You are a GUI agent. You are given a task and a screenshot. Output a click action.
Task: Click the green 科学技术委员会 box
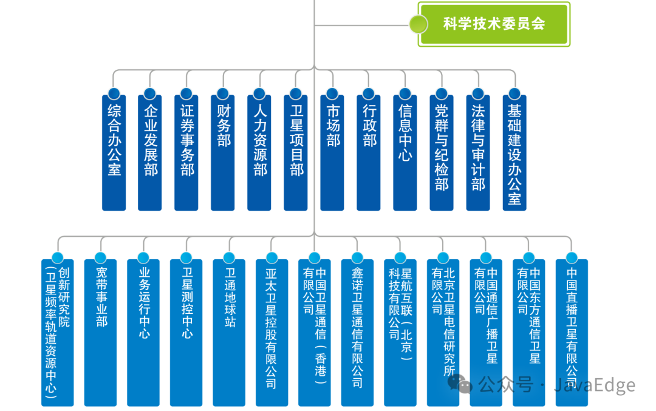pyautogui.click(x=494, y=24)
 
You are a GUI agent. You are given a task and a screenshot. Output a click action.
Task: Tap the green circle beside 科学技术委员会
pyautogui.click(x=419, y=24)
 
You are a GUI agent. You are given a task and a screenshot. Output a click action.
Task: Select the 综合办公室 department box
pyautogui.click(x=114, y=152)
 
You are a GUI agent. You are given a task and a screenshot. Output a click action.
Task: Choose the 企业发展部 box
pyautogui.click(x=150, y=152)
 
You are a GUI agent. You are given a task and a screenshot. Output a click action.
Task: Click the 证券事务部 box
pyautogui.click(x=186, y=152)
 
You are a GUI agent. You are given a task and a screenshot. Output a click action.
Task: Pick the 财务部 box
pyautogui.click(x=223, y=152)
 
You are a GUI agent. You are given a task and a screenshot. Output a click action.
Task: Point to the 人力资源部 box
pyautogui.click(x=259, y=152)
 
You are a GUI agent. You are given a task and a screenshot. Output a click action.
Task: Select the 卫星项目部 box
pyautogui.click(x=296, y=152)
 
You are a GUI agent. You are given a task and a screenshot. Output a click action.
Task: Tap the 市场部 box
pyautogui.click(x=332, y=152)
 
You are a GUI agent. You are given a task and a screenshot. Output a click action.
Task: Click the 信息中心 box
pyautogui.click(x=405, y=152)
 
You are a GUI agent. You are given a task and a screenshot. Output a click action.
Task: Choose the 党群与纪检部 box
pyautogui.click(x=442, y=152)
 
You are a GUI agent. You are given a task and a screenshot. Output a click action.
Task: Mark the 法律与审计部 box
pyautogui.click(x=478, y=152)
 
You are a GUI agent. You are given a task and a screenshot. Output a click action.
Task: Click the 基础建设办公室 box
pyautogui.click(x=514, y=152)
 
